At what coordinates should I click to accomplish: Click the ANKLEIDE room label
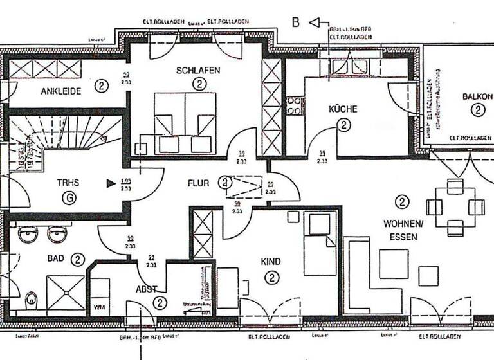[x=61, y=91]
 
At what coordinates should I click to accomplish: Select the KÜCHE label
[x=343, y=110]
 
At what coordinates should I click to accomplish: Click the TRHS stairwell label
[x=68, y=183]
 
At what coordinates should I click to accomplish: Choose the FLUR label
[x=198, y=183]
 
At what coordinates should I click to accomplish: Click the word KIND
[x=271, y=262]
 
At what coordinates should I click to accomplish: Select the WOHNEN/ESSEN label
[x=403, y=230]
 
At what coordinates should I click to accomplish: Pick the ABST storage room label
[x=147, y=289]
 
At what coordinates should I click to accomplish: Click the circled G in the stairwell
[x=68, y=198]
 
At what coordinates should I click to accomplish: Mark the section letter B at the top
[x=296, y=23]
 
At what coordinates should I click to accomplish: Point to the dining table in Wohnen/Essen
[x=455, y=207]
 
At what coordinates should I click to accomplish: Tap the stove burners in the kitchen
[x=295, y=105]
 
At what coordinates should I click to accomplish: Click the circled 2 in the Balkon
[x=477, y=110]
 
